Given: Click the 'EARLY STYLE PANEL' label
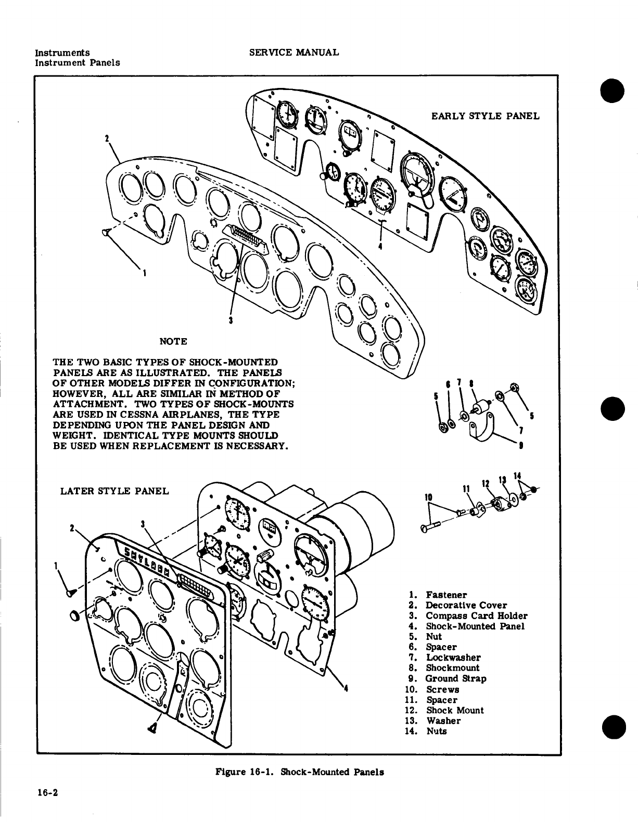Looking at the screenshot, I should coord(485,115).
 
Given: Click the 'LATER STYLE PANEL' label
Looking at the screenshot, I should coord(114,491).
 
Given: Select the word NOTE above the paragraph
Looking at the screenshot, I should coord(173,341).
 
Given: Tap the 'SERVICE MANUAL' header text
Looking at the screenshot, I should coord(294,53).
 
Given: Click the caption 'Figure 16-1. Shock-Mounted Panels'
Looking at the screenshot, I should coord(300,772).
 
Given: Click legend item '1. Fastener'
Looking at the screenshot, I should coord(438,595).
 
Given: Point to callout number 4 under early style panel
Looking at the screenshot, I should coord(381,246).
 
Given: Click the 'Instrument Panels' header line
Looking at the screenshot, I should coord(77,62).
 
